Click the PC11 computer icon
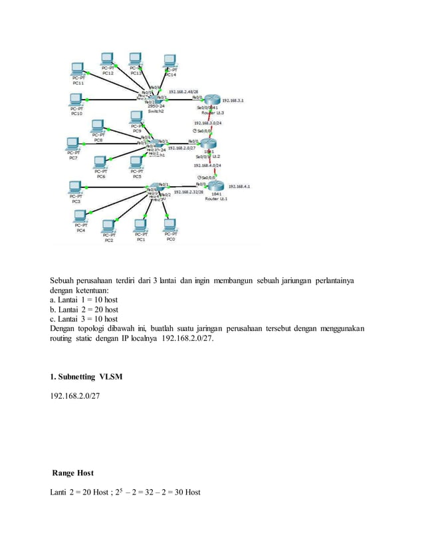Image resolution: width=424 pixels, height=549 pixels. click(x=78, y=68)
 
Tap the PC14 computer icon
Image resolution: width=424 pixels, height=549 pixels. click(x=169, y=60)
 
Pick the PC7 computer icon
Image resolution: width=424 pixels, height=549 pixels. click(x=73, y=144)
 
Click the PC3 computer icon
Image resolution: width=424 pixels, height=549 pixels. click(x=76, y=187)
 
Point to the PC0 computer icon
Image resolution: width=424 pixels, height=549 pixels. click(x=170, y=224)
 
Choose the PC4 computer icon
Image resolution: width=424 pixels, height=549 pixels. click(x=81, y=215)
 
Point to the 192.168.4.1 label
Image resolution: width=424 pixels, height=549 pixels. click(x=239, y=187)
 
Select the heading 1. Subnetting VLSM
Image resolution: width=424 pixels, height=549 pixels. click(x=86, y=377)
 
